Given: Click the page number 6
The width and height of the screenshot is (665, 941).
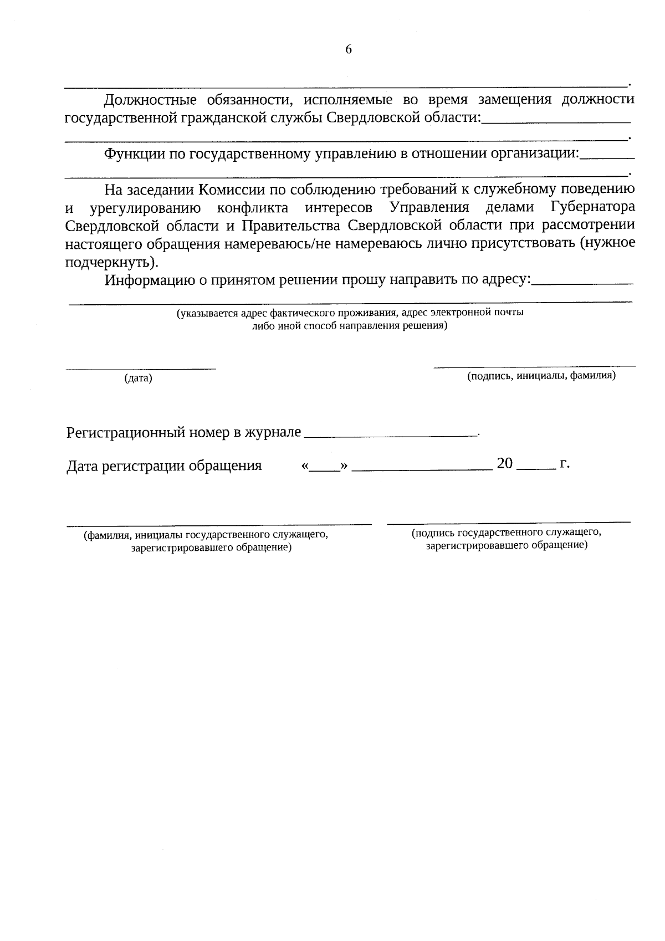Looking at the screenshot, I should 349,49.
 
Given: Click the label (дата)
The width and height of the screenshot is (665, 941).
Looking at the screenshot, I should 138,379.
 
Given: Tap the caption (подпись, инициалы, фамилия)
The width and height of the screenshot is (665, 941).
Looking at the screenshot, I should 541,376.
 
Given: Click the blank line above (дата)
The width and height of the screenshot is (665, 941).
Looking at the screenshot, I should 141,367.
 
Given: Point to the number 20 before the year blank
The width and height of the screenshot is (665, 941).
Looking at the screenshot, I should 505,463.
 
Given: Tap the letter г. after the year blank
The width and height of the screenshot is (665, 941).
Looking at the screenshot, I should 565,463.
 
